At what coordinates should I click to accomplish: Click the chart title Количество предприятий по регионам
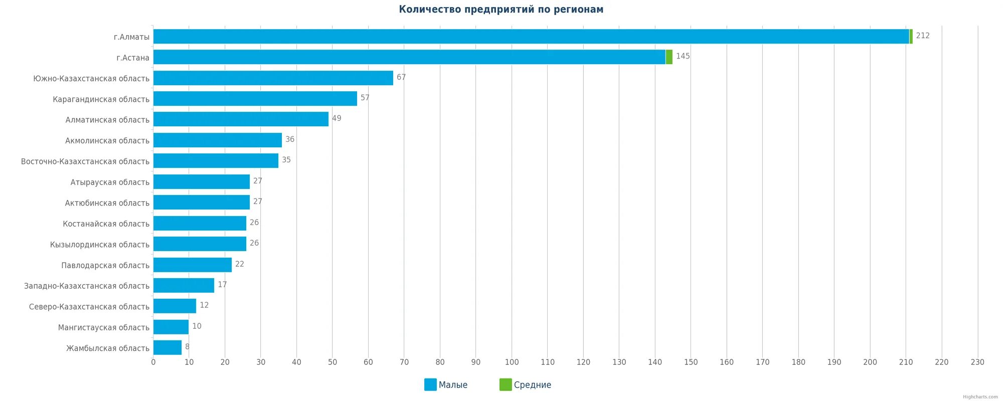point(501,10)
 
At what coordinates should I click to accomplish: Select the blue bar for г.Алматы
point(531,37)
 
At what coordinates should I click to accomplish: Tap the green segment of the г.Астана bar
point(669,57)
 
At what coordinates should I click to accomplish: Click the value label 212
point(922,36)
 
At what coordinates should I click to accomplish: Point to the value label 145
point(683,57)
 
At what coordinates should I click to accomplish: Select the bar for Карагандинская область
point(255,99)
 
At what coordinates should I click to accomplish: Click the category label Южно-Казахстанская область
point(91,79)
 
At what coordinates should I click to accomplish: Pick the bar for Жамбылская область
point(168,348)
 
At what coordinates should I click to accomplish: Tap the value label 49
point(337,119)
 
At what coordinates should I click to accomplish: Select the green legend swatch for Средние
point(506,385)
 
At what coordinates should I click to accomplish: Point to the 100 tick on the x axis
point(512,362)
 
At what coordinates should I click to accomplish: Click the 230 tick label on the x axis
point(977,362)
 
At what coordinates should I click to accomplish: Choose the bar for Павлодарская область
point(193,265)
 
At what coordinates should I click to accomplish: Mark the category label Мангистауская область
point(104,328)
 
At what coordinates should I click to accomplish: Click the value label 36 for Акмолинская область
point(290,139)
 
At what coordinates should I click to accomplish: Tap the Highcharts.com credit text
point(980,397)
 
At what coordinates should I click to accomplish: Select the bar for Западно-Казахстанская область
point(184,286)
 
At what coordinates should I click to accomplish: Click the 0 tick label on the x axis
point(153,362)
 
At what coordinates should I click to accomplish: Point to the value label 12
point(204,306)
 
